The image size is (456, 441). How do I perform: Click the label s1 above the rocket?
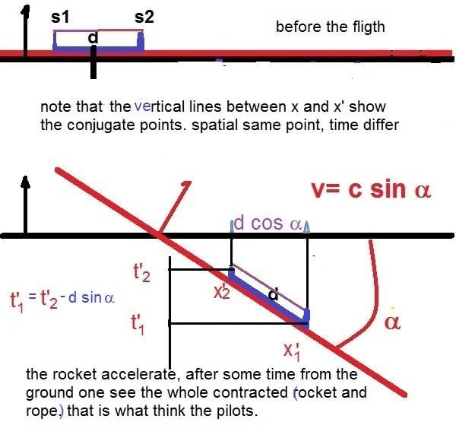point(60,17)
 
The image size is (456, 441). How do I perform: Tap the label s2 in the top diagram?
point(144,17)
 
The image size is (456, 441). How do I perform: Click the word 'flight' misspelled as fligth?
point(369,27)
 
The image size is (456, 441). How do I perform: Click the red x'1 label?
point(292,351)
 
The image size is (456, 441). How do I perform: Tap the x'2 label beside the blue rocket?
point(222,292)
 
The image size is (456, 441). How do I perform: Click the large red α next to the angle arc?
point(392,322)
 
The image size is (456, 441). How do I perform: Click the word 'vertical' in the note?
point(160,106)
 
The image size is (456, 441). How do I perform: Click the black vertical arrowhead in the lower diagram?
point(26,182)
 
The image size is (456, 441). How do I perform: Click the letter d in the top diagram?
point(93,38)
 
